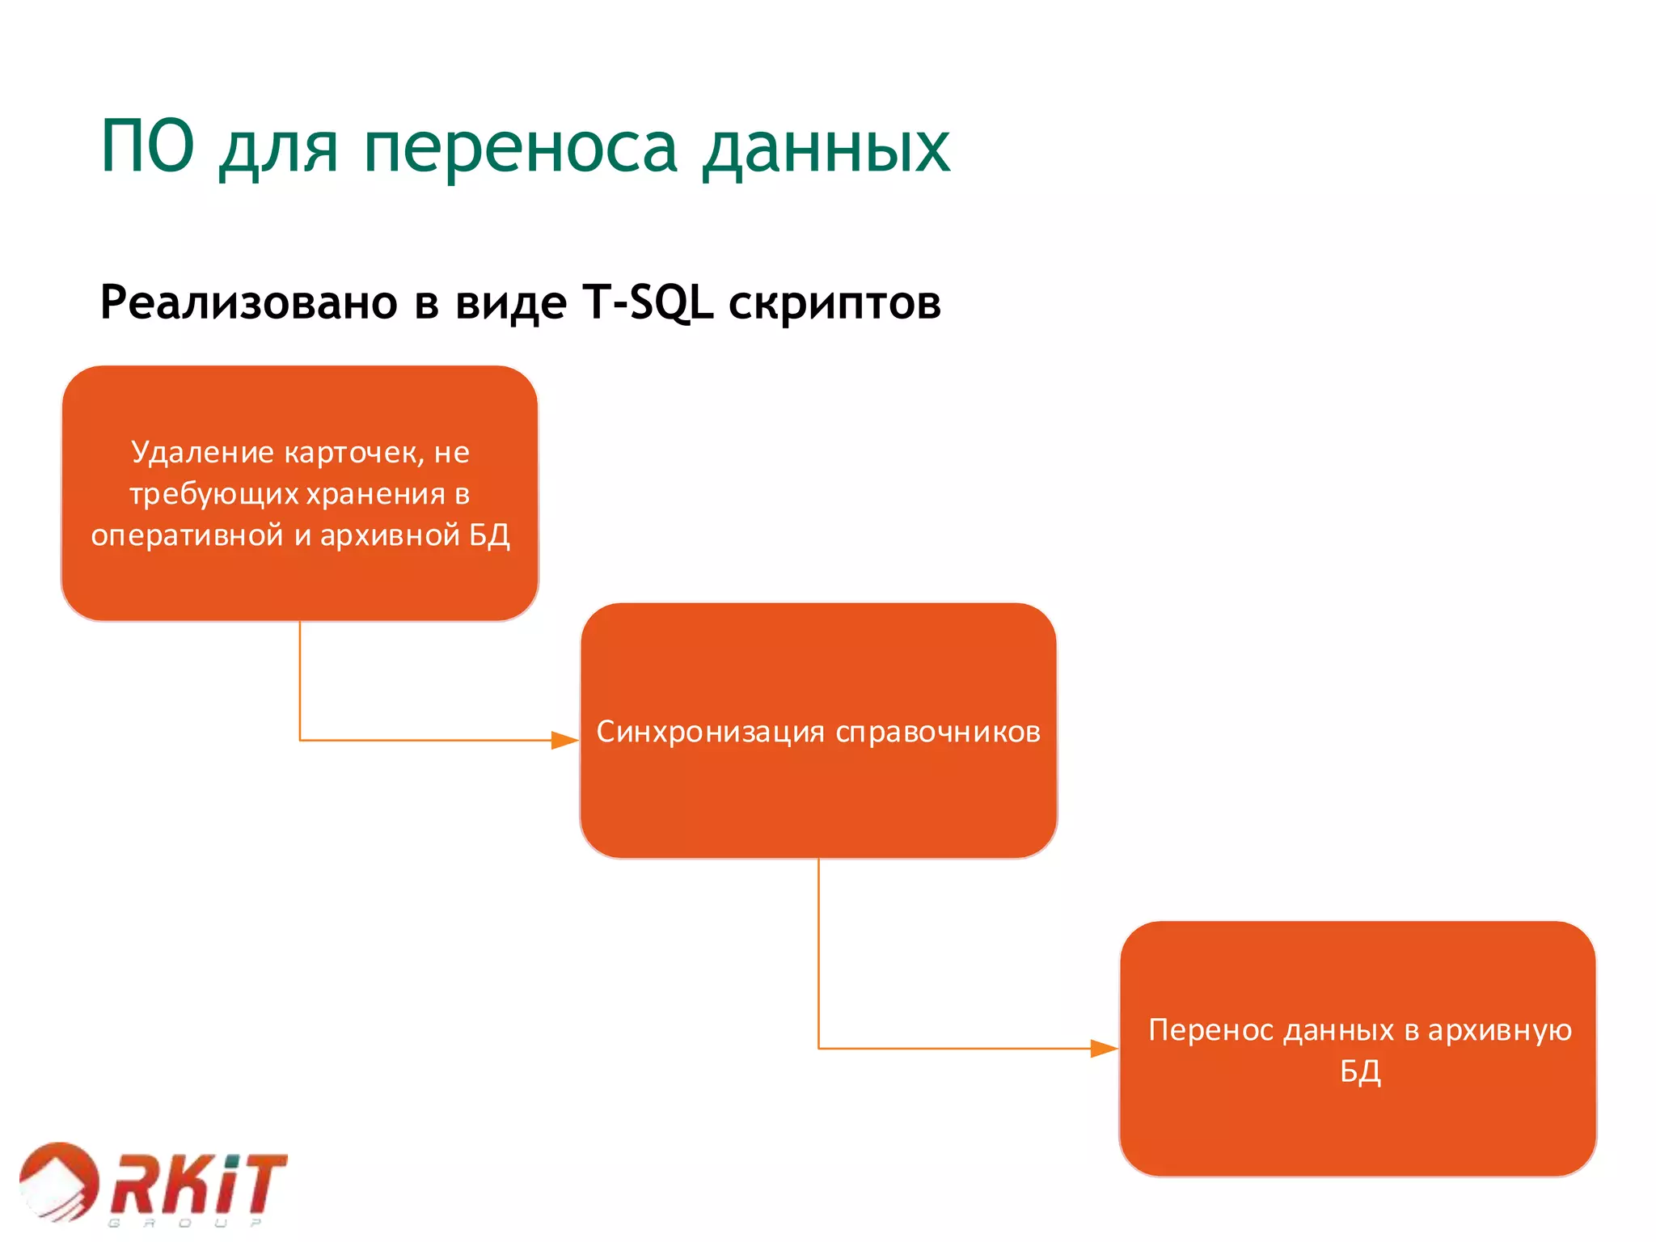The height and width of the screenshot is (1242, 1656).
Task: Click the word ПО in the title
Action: click(147, 147)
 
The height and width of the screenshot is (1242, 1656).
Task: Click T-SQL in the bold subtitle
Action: click(648, 302)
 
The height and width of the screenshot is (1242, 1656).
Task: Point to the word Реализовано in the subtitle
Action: click(249, 302)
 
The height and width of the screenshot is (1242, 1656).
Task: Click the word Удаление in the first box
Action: click(203, 452)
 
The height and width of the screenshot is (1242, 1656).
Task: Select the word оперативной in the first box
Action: click(188, 535)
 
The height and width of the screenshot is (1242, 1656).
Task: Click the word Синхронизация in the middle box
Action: click(711, 732)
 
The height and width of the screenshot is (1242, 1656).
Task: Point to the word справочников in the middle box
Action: click(938, 733)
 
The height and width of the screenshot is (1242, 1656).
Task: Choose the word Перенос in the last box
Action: click(1210, 1030)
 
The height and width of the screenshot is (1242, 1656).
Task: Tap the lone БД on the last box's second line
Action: click(1360, 1072)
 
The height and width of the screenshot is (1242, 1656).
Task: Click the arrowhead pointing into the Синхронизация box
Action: click(565, 740)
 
